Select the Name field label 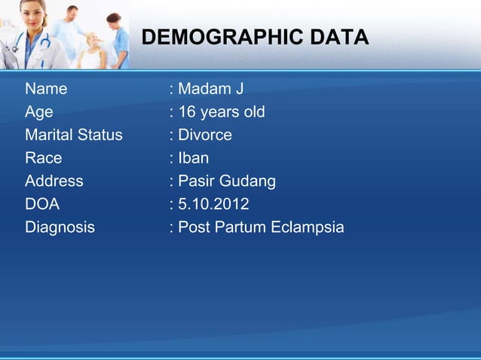coord(46,90)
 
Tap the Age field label coord(38,113)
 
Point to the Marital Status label coord(73,136)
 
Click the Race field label coord(43,158)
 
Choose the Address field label coord(54,182)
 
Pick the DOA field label coord(41,204)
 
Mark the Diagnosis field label coord(60,227)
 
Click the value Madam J coord(210,90)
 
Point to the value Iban coord(193,158)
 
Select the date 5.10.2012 coord(213,204)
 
